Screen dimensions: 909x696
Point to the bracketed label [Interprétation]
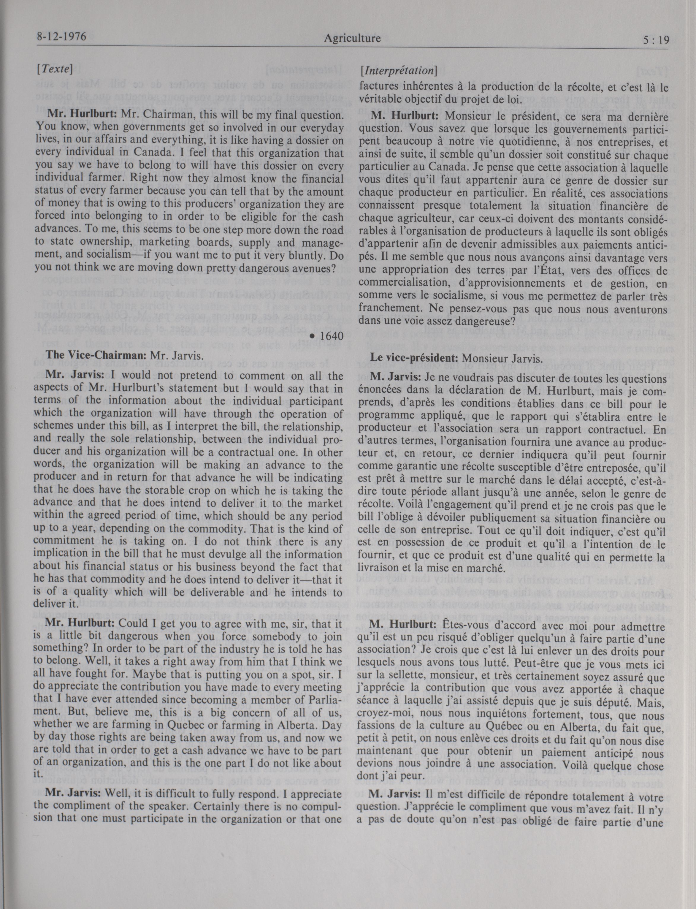click(x=399, y=71)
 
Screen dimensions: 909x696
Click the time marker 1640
click(x=328, y=336)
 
